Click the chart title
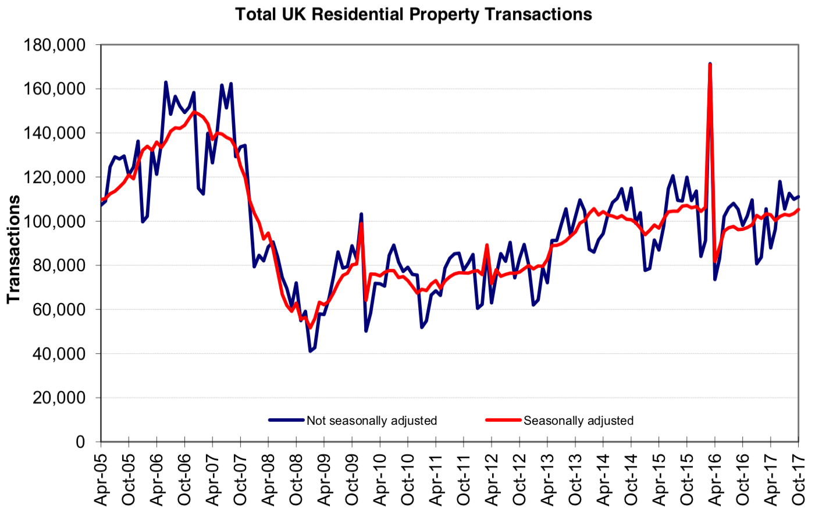pos(414,15)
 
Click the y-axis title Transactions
pos(13,249)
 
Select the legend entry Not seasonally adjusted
pos(372,421)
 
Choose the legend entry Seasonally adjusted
pos(578,421)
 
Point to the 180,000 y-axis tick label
pos(54,45)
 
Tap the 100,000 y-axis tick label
pos(54,222)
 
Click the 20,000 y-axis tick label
pos(58,398)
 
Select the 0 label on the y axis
pos(80,442)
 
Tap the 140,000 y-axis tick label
pos(54,133)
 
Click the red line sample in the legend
pos(503,420)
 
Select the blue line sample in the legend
pos(286,420)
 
